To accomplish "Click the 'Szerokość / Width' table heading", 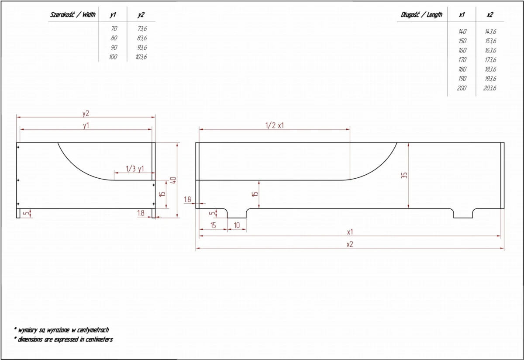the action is point(73,15).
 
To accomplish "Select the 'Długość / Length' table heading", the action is point(421,15).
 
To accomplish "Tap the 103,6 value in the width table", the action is point(141,57).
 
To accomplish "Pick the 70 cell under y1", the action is point(114,28).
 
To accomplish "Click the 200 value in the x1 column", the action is point(462,88).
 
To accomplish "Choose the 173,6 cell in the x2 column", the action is point(490,60).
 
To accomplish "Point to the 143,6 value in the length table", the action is point(490,31).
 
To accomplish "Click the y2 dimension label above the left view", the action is point(86,114).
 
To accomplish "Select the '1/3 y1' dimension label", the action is point(135,169).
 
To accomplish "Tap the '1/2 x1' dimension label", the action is point(274,125).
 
